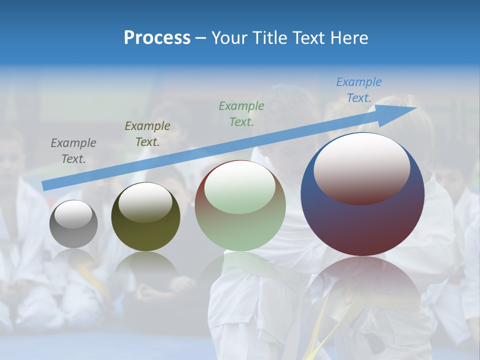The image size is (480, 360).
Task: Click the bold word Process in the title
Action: pos(157,38)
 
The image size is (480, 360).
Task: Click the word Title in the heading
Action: pos(270,38)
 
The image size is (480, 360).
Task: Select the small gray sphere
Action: pos(73,224)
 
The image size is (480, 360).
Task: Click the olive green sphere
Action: pos(145,217)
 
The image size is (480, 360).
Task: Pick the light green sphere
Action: pos(240,206)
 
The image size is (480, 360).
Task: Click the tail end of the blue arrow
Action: pos(44,186)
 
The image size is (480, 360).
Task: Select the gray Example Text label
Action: pos(73,151)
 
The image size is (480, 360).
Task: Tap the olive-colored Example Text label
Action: pos(147,134)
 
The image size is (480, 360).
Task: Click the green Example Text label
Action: pos(241,113)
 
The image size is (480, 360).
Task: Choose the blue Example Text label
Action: pos(359,90)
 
